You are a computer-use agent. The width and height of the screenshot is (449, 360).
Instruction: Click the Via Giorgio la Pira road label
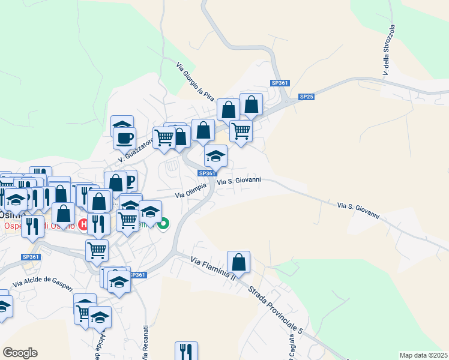click(195, 80)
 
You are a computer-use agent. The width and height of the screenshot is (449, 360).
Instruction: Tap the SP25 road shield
click(307, 97)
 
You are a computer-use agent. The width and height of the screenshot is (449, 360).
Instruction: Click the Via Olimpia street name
click(191, 191)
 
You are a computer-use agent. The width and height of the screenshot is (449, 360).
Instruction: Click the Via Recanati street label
click(145, 343)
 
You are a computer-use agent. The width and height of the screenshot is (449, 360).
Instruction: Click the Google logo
click(20, 353)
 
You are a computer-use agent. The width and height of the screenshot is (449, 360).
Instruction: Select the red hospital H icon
click(84, 224)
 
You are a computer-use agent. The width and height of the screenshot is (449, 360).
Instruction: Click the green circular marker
click(164, 224)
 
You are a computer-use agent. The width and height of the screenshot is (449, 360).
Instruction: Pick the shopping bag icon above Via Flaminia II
click(238, 262)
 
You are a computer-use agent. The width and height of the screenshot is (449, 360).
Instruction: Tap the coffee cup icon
click(125, 138)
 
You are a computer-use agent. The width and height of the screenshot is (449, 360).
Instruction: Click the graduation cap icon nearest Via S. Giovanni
click(216, 156)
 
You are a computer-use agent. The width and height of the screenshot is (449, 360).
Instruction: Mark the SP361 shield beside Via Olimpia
click(206, 173)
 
